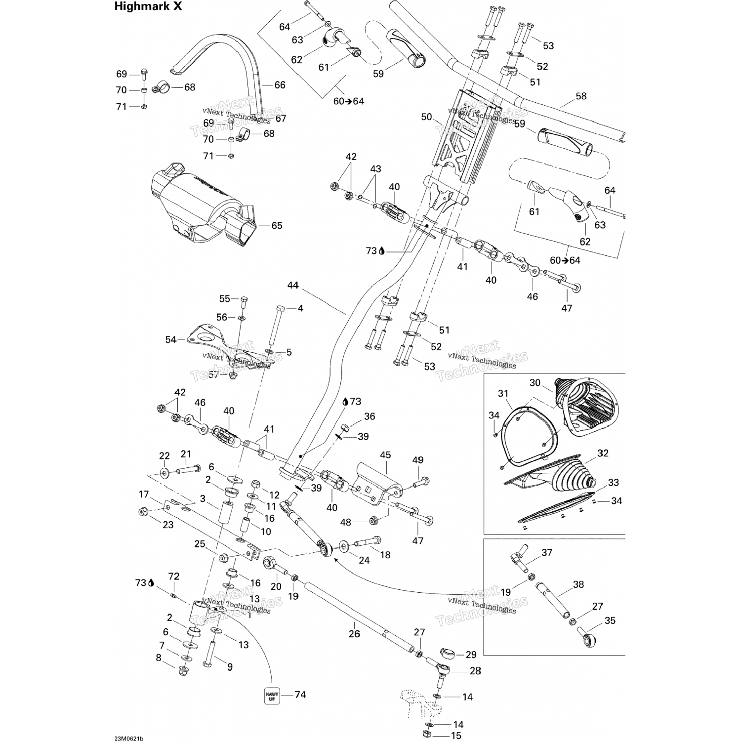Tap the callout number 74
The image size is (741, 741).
tap(300, 695)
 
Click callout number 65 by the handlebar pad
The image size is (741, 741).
tap(277, 226)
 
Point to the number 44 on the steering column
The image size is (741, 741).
tap(293, 286)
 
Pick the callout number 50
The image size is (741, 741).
tap(426, 118)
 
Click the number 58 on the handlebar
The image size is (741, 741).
tap(581, 96)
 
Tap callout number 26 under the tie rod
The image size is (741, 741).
tap(354, 634)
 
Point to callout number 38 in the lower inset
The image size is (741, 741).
tap(578, 584)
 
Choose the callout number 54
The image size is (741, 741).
tap(170, 340)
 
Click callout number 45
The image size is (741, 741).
tap(385, 455)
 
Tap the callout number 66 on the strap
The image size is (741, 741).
tap(280, 85)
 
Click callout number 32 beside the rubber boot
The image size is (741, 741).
tap(603, 453)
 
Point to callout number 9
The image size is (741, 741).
tap(230, 667)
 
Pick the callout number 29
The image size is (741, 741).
tap(471, 655)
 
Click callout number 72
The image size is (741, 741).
tap(173, 576)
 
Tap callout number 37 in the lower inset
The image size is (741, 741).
tap(546, 553)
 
